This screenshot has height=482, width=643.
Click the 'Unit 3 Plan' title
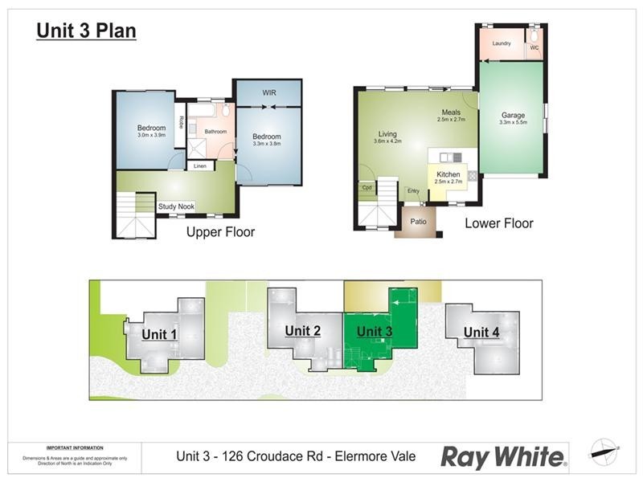86,31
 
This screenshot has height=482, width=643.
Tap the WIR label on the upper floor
269,93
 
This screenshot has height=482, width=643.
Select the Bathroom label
215,132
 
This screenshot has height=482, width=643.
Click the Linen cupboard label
201,166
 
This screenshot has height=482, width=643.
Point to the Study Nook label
176,206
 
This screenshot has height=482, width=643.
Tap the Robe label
182,123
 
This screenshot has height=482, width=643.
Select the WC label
534,47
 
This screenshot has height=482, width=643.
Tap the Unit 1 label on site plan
159,334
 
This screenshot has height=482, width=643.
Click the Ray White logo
503,457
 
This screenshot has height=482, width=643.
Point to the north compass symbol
604,452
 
